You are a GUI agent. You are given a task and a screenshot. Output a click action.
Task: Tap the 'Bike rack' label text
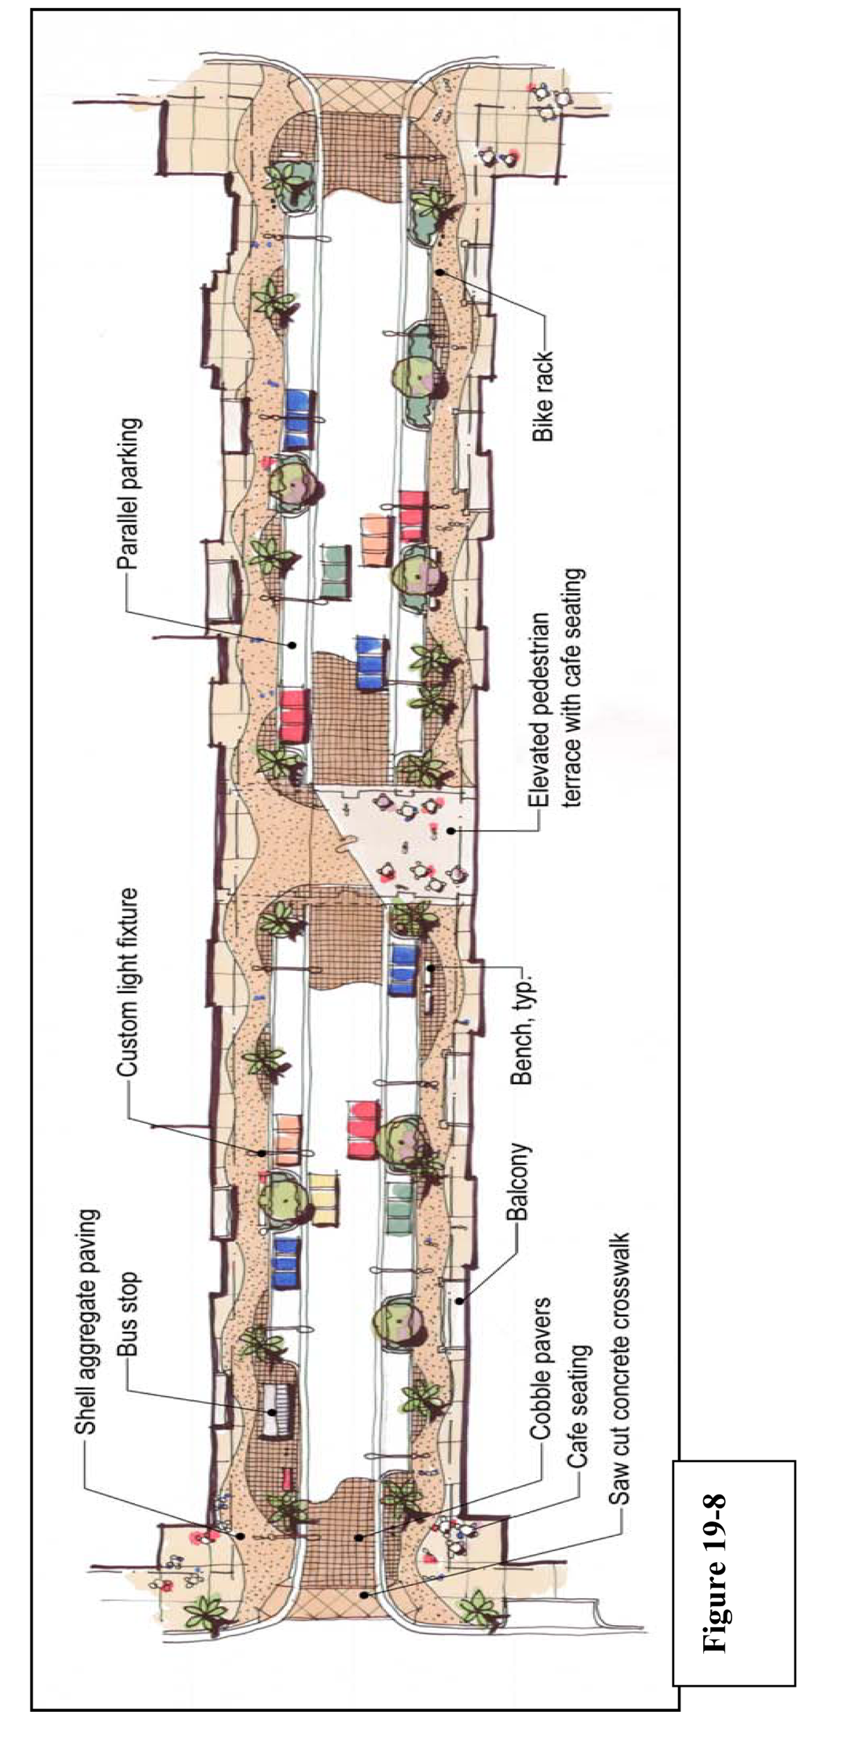tap(542, 396)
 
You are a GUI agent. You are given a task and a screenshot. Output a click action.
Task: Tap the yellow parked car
tap(324, 1200)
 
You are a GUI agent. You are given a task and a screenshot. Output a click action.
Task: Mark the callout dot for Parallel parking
tap(293, 644)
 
